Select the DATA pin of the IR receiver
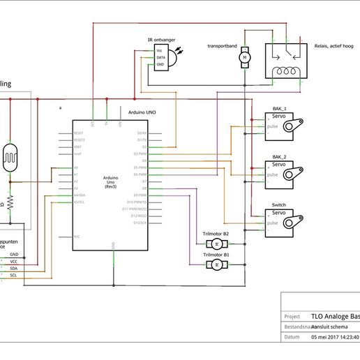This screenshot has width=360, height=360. [x=160, y=57]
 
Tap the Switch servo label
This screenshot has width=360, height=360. [x=278, y=205]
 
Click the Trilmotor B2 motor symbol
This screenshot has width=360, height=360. [x=216, y=243]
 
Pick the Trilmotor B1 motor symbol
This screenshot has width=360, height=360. [x=216, y=265]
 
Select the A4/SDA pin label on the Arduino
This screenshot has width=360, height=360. [x=80, y=195]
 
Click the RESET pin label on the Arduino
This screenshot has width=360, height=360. [x=79, y=133]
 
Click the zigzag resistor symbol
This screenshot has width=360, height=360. [x=10, y=204]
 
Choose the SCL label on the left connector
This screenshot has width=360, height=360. [x=14, y=275]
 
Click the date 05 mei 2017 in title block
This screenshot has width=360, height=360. [x=334, y=337]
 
